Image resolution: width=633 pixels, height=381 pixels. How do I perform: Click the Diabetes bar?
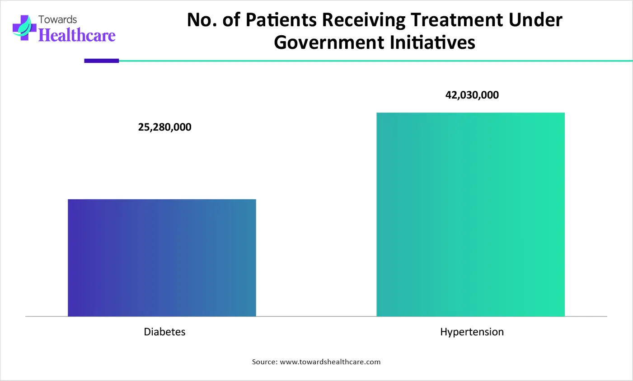click(x=162, y=258)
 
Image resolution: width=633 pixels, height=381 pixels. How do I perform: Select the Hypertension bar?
click(x=470, y=214)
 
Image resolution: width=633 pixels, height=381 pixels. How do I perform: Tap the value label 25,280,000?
click(x=164, y=127)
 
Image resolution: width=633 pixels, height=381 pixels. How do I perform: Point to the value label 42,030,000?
click(x=472, y=95)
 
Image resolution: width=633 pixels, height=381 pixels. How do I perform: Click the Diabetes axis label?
click(x=164, y=332)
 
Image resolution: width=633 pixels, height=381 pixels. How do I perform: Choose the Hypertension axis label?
click(x=472, y=332)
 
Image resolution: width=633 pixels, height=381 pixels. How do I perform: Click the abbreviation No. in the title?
click(x=202, y=20)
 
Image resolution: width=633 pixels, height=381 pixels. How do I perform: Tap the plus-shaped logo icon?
click(x=24, y=28)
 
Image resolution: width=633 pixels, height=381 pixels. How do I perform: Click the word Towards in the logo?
click(x=57, y=19)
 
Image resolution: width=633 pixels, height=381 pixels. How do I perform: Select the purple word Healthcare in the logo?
click(x=77, y=35)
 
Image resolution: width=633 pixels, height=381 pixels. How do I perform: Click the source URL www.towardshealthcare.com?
click(x=330, y=362)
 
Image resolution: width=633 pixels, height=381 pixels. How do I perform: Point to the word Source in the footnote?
click(x=264, y=362)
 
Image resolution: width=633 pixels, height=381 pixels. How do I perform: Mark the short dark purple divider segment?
click(x=101, y=61)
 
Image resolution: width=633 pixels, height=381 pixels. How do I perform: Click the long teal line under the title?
click(x=375, y=61)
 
